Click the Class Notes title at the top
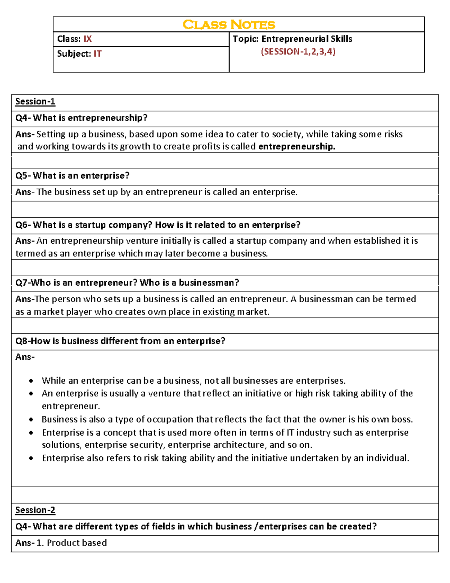(x=229, y=25)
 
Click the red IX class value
(x=87, y=39)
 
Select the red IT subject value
(x=97, y=54)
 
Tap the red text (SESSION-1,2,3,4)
(x=298, y=52)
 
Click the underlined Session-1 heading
(x=35, y=102)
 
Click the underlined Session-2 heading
(x=35, y=510)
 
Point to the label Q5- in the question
(x=23, y=176)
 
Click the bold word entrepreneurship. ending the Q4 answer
(x=297, y=146)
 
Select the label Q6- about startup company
(x=23, y=225)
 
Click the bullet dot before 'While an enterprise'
(x=31, y=381)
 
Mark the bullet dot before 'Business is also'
(x=31, y=420)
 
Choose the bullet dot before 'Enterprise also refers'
(x=31, y=458)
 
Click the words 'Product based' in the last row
(x=77, y=543)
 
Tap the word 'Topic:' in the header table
(x=246, y=39)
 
